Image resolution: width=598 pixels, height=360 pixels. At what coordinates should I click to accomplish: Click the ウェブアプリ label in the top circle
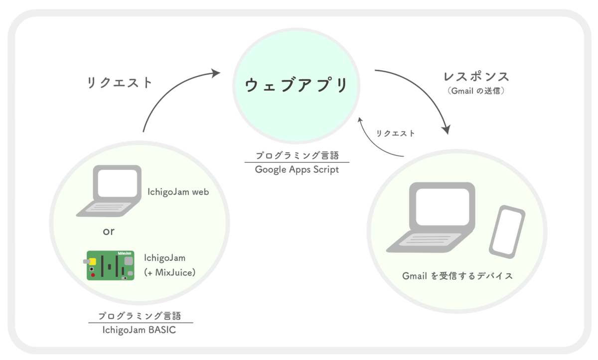coord(297,85)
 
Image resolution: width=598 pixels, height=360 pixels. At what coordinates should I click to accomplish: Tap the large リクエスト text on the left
coord(119,83)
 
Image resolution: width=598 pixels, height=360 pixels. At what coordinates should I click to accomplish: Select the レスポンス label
coord(476,77)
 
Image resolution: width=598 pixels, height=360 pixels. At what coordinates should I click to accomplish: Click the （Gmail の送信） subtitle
coord(476,91)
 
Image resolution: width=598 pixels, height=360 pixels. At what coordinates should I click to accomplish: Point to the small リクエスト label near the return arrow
coord(396,133)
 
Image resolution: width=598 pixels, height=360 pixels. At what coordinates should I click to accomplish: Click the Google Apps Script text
coord(297,169)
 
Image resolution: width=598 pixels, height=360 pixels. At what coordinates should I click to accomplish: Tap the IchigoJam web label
coord(178,192)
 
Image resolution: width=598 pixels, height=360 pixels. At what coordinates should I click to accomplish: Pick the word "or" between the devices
coord(108,232)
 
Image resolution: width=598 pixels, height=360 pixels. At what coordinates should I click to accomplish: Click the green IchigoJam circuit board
coord(110,265)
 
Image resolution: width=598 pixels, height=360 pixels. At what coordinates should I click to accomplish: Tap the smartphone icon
coord(506,232)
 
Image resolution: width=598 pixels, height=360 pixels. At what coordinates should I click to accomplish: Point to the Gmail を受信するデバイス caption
coord(457,276)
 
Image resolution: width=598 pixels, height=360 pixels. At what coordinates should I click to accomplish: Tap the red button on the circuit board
coord(93,274)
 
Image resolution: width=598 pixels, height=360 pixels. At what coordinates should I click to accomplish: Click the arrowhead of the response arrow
coord(447,130)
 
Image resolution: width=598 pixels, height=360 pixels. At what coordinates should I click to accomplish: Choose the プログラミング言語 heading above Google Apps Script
coord(297,155)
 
